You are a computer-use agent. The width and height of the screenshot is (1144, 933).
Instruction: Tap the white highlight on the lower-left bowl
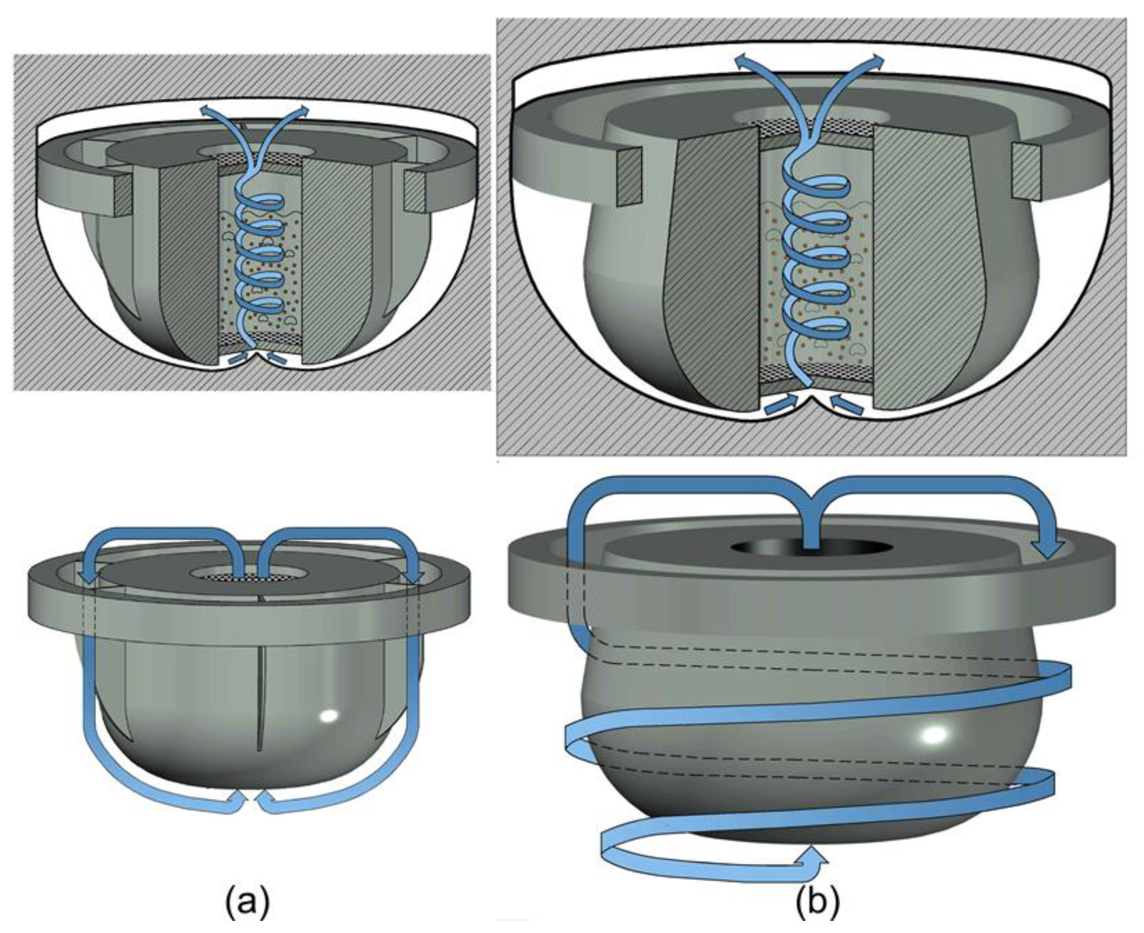pyautogui.click(x=329, y=716)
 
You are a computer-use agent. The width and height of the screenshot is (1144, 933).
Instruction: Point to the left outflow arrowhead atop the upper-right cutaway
pyautogui.click(x=742, y=61)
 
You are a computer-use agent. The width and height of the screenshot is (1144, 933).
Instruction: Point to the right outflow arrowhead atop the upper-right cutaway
pyautogui.click(x=876, y=61)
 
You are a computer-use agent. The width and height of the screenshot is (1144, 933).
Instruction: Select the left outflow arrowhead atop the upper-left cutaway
pyautogui.click(x=205, y=110)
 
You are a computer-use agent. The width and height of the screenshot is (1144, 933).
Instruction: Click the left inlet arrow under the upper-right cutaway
pyautogui.click(x=780, y=403)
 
